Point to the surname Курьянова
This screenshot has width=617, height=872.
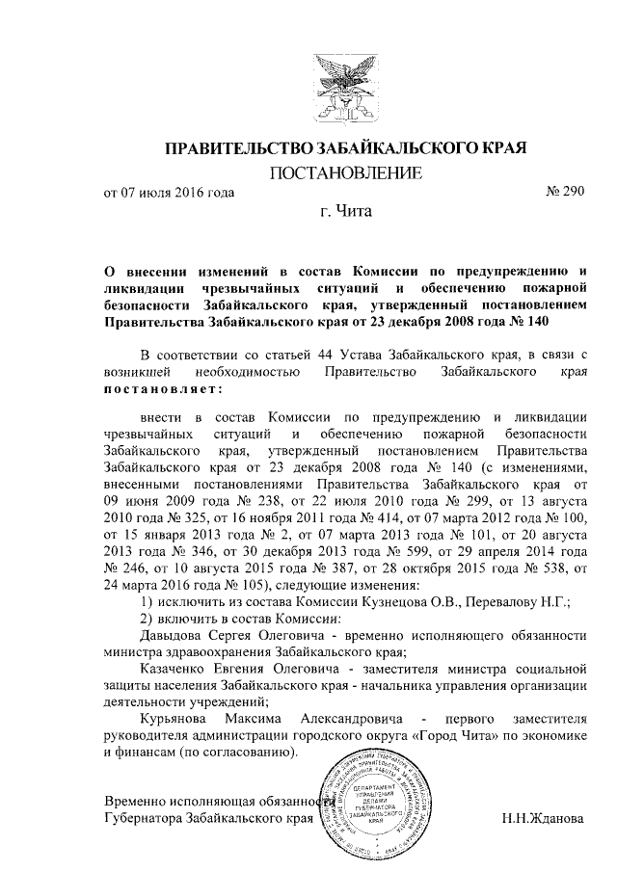point(181,719)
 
